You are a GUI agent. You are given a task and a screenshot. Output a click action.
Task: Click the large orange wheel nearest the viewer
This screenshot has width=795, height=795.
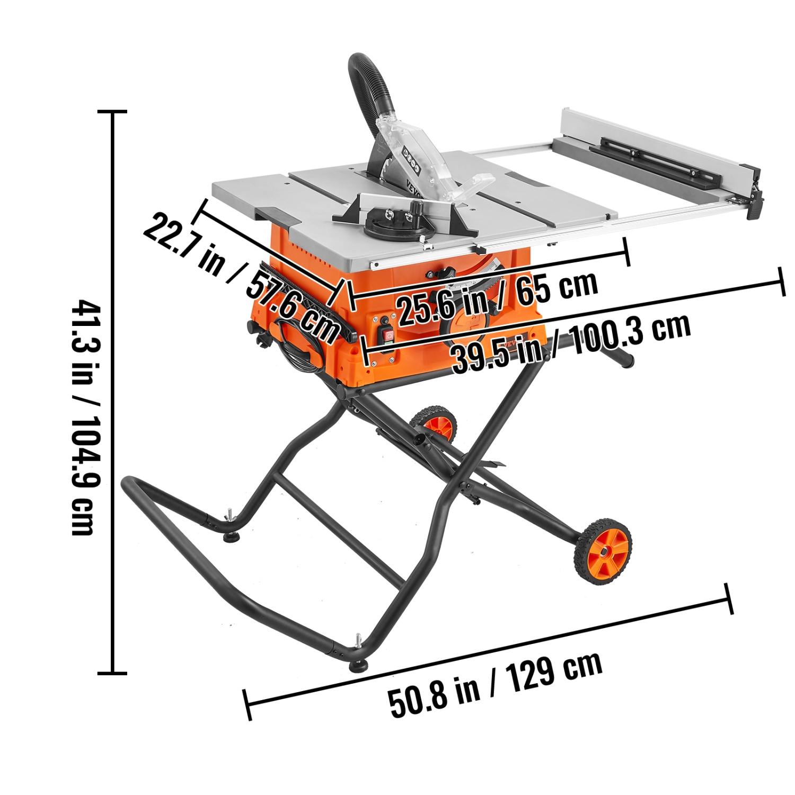(604, 552)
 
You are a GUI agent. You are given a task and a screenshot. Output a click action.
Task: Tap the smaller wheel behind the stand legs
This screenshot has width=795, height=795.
(435, 424)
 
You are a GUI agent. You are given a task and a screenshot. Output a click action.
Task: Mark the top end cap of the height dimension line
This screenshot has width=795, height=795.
(112, 112)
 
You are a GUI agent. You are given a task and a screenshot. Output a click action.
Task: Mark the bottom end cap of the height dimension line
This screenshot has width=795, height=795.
(112, 673)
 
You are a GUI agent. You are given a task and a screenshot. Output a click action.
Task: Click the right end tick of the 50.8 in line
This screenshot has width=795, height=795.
(729, 598)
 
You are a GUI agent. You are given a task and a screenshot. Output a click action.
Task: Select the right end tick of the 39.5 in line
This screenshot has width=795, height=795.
(781, 281)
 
